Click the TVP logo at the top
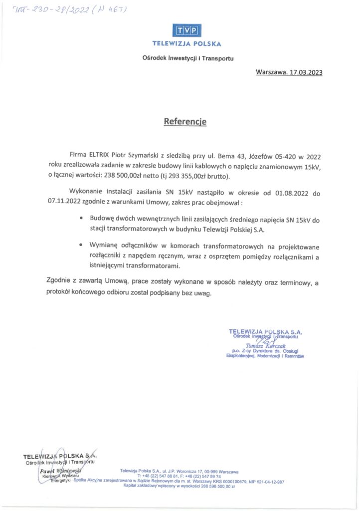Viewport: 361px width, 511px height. point(186,30)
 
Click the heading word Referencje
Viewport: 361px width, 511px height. point(184,121)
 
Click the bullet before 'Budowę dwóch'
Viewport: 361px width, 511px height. point(82,220)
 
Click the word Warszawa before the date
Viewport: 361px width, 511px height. point(271,72)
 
